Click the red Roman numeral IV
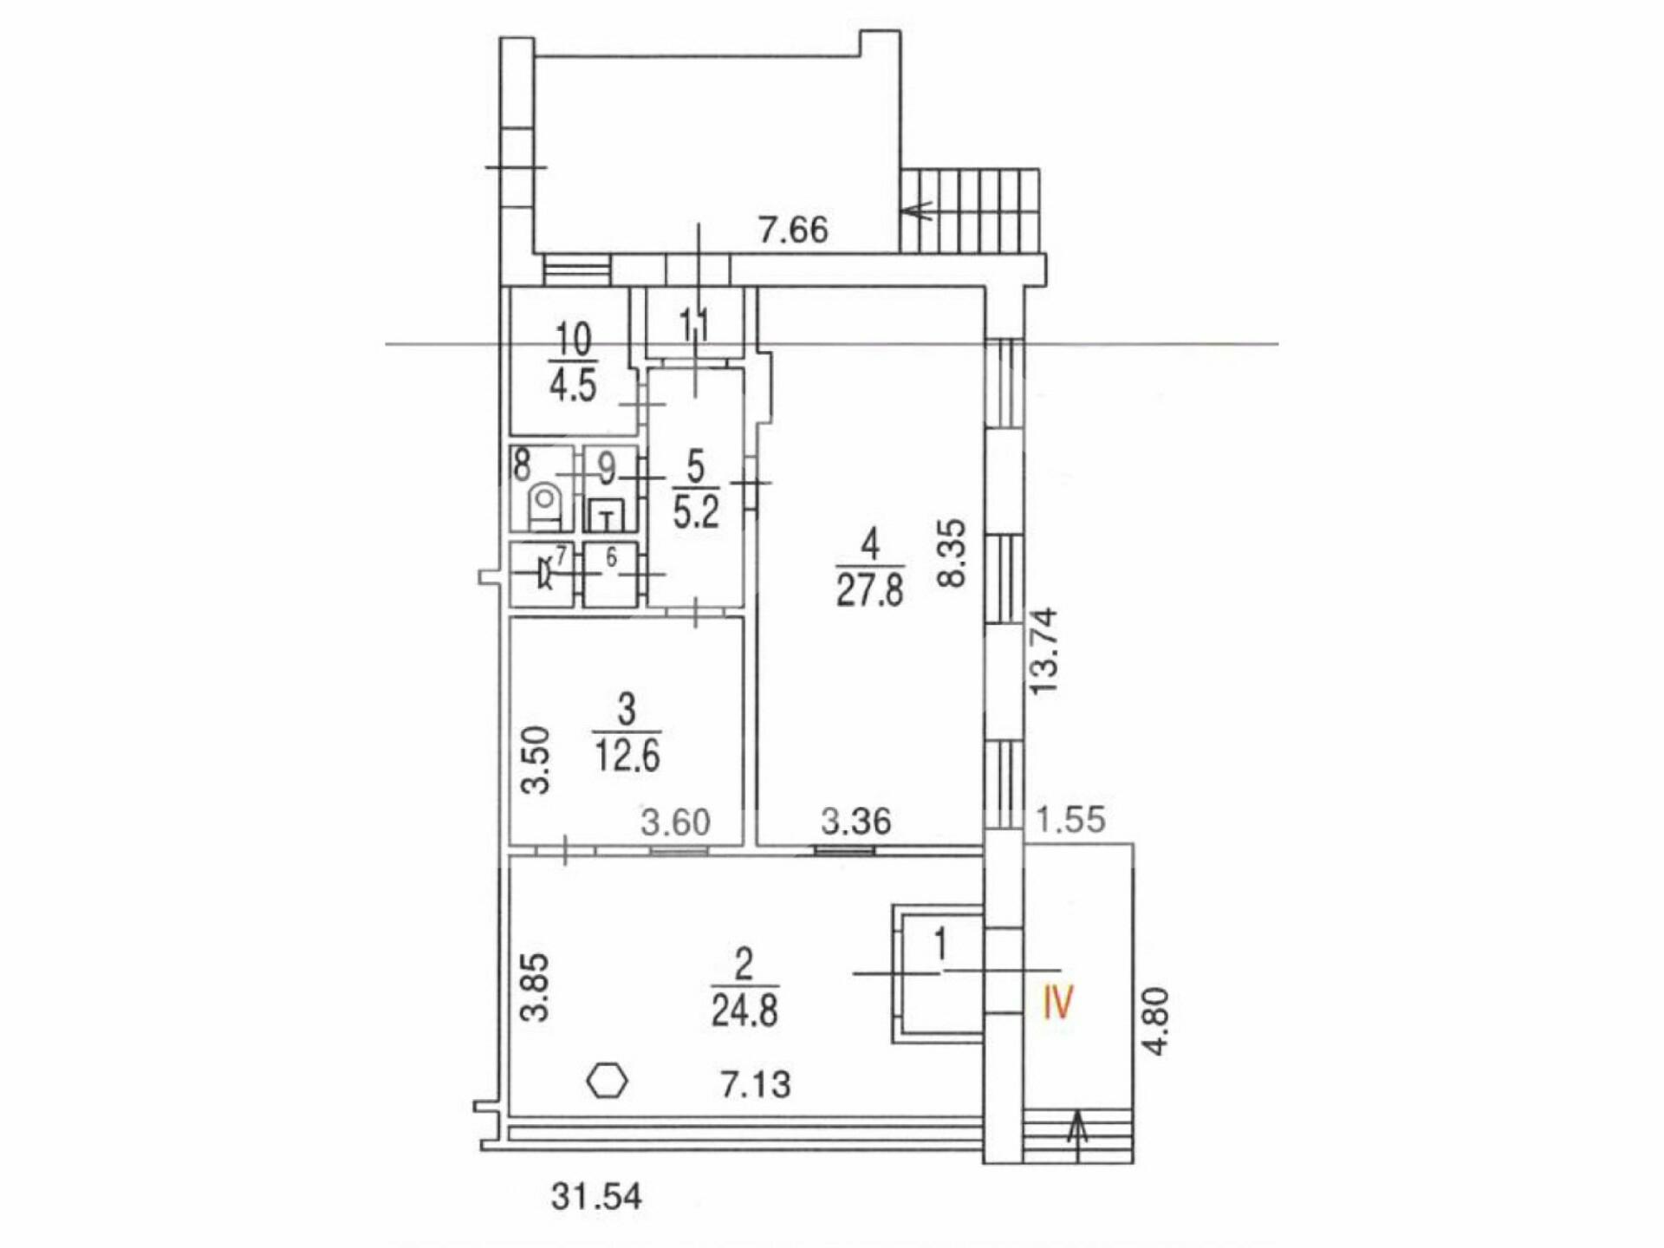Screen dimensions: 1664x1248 [1058, 1003]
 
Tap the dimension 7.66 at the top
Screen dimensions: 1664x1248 [793, 230]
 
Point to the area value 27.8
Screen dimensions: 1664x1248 [870, 591]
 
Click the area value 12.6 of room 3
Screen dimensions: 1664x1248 [627, 756]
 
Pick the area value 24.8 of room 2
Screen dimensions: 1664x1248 [744, 1011]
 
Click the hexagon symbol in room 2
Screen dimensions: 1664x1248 [608, 1082]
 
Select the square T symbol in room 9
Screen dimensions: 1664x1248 [608, 518]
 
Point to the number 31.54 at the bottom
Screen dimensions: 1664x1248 [596, 1197]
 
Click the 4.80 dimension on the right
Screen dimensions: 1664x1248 [1156, 1021]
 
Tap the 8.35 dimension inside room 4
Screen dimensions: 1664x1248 [952, 553]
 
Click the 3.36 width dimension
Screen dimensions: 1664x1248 [856, 821]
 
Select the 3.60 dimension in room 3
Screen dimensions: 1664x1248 [676, 821]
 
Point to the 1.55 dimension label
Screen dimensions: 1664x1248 [1072, 819]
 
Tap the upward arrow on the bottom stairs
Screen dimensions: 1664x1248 [1078, 1136]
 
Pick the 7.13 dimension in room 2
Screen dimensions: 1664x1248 [757, 1084]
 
